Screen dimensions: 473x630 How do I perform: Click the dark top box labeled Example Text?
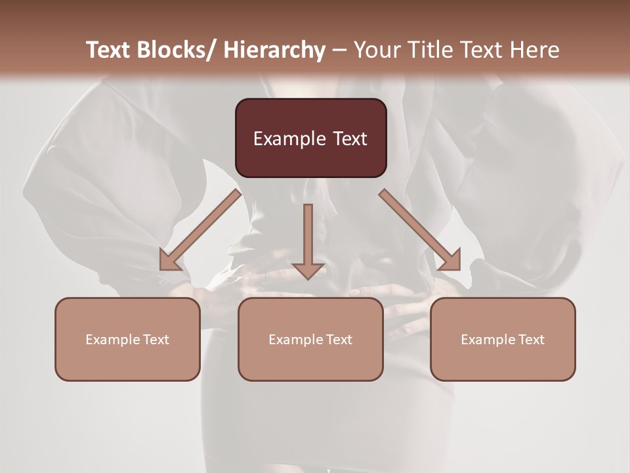click(x=310, y=138)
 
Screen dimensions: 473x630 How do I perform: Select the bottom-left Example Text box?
click(x=127, y=339)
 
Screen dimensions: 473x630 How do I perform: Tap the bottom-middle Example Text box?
click(x=310, y=339)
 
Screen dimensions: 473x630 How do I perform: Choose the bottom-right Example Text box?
click(x=503, y=339)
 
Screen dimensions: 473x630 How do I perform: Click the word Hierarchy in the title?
click(x=274, y=50)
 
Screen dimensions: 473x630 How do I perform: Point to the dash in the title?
click(x=339, y=50)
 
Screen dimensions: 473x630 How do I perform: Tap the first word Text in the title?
click(x=109, y=50)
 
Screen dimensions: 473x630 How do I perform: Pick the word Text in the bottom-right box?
click(x=531, y=340)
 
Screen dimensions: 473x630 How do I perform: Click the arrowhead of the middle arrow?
click(x=308, y=271)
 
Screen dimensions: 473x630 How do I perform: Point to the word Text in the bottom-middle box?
click(x=339, y=340)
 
